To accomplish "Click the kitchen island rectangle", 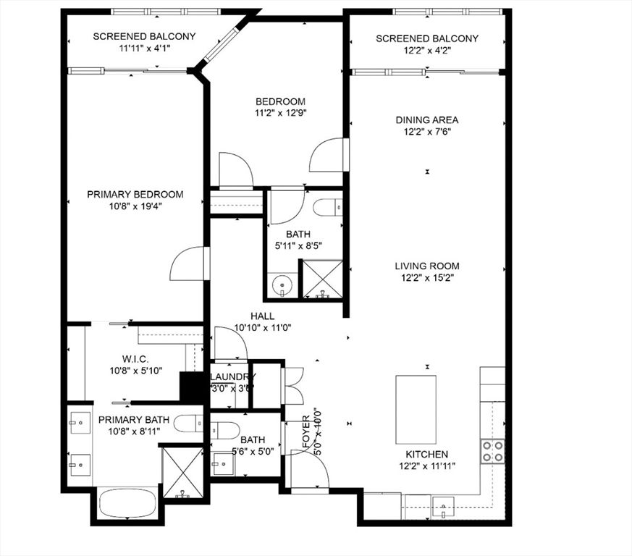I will [416, 410].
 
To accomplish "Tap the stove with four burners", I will [494, 451].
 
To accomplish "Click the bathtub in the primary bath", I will [127, 503].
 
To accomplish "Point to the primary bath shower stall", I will [182, 473].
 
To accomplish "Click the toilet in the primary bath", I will [189, 423].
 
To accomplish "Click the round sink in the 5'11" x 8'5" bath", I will [282, 286].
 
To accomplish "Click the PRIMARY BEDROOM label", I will [135, 195].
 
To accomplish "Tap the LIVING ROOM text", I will [427, 266].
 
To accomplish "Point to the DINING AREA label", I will [427, 120].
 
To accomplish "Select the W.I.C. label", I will [135, 358].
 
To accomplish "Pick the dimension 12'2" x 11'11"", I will [426, 467].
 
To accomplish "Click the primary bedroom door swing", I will [190, 264].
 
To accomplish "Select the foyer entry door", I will [310, 469].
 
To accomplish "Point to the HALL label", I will [261, 316].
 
